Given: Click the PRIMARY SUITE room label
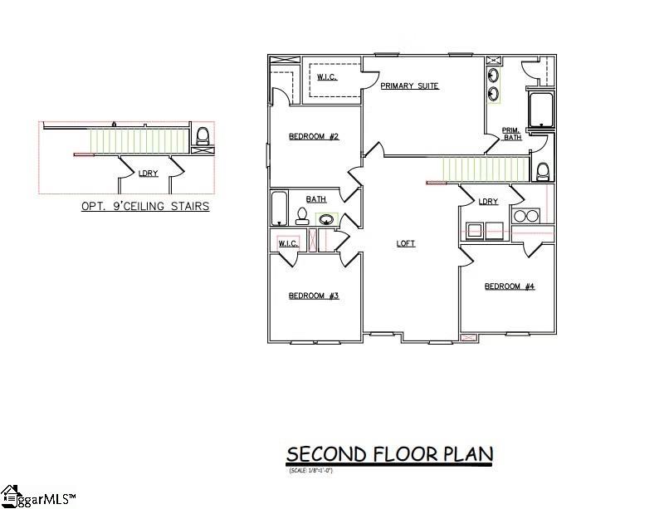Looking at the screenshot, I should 409,86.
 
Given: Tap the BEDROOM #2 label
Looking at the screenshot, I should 313,137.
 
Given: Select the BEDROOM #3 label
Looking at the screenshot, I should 313,296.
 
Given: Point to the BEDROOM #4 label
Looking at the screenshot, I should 509,286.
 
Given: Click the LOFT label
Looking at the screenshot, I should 405,243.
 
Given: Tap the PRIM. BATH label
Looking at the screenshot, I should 512,134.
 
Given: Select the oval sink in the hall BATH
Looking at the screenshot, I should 326,220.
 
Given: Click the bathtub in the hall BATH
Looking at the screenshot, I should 279,209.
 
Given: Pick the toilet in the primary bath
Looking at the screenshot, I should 543,172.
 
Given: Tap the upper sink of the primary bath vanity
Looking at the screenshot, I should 494,77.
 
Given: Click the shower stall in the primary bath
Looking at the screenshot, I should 540,110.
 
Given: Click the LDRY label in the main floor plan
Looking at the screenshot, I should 488,202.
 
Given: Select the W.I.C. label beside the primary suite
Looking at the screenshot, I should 326,78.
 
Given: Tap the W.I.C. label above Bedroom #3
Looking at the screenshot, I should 287,243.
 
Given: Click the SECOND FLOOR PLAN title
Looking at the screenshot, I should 389,454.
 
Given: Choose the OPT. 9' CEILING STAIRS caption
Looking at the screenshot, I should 144,206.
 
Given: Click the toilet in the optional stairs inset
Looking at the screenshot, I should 202,135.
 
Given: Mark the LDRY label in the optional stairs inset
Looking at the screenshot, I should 148,174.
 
